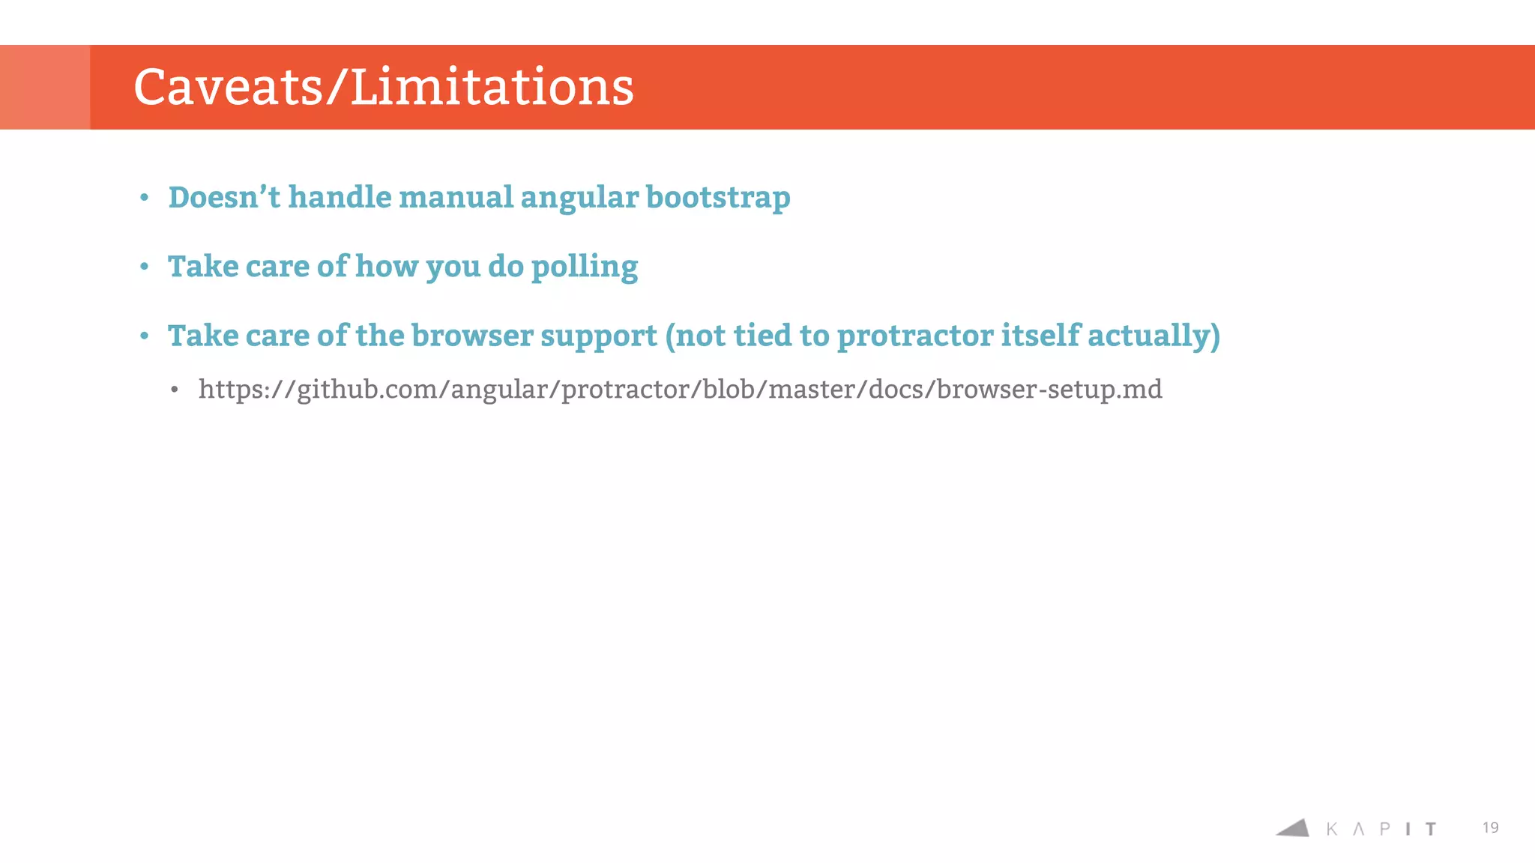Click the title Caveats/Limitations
(x=383, y=87)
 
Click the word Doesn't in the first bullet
(x=224, y=198)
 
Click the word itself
(x=1040, y=335)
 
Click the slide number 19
(x=1490, y=828)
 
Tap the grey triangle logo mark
(x=1294, y=828)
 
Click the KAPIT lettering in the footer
(x=1381, y=829)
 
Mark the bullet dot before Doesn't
(x=145, y=198)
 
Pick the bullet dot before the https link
(x=175, y=390)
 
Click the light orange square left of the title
(x=45, y=87)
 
